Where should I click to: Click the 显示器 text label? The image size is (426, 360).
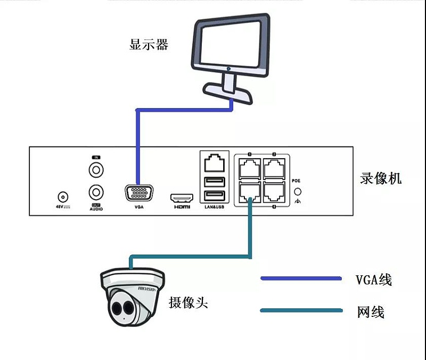pos(149,44)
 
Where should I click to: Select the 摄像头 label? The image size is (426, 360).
pos(188,302)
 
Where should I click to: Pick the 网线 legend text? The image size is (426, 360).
pos(370,312)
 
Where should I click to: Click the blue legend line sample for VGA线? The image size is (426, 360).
pos(300,278)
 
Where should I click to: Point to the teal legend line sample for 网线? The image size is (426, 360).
pos(300,310)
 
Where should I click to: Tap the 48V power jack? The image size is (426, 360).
pos(63,197)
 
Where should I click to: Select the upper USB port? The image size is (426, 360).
pos(213,181)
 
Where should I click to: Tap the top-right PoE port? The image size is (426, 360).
pos(273,168)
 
